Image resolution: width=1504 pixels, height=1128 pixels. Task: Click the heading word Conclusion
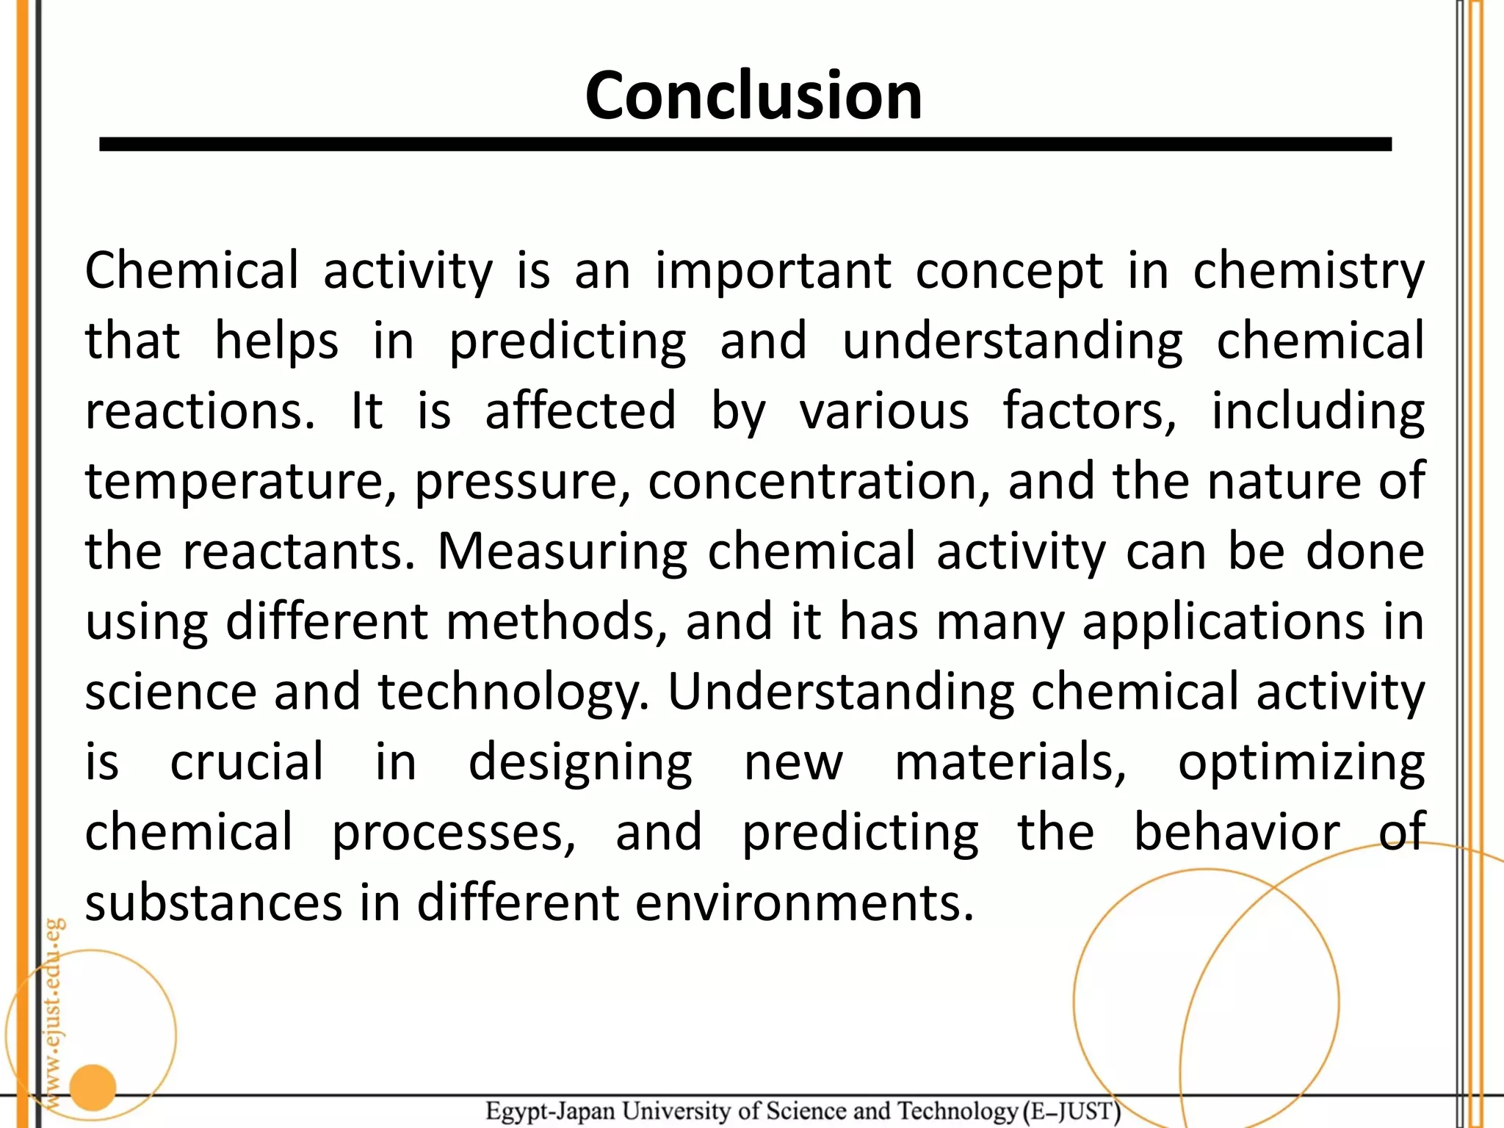tap(753, 95)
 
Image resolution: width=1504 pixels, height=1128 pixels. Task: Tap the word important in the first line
tap(773, 271)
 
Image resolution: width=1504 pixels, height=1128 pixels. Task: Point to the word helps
tap(276, 342)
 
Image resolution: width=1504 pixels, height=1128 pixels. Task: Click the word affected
tap(580, 411)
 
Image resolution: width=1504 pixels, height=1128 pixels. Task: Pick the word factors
tap(1090, 411)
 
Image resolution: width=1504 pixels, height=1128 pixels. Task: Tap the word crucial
tap(247, 762)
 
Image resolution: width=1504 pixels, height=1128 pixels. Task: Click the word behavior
tap(1237, 832)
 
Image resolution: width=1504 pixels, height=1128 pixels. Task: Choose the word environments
tap(804, 903)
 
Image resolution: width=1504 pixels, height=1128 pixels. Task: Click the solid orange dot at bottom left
tap(93, 1088)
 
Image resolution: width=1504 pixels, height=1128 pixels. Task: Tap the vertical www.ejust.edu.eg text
tap(54, 1013)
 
